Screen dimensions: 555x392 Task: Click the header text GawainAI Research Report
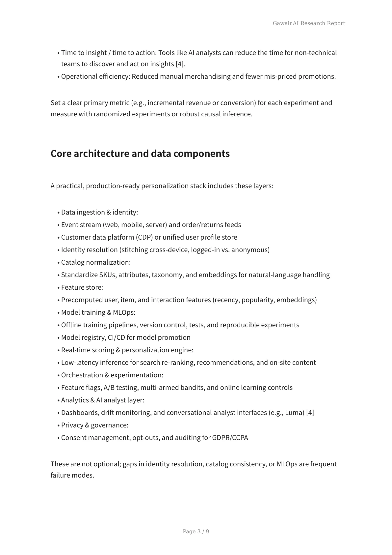point(309,23)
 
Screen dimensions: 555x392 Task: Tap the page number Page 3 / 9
point(196,531)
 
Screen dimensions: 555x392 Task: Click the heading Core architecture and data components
point(140,154)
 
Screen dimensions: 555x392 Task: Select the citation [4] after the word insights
point(180,64)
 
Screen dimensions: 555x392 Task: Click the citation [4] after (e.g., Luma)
point(310,413)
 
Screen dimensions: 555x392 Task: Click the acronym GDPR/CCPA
point(230,438)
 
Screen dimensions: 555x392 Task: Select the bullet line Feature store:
point(82,287)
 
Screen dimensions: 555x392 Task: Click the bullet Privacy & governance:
point(95,425)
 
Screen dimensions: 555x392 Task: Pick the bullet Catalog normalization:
point(96,262)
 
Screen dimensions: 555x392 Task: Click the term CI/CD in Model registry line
point(117,337)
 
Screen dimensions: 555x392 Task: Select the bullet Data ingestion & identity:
point(99,212)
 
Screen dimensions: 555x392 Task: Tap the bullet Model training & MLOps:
point(98,312)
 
